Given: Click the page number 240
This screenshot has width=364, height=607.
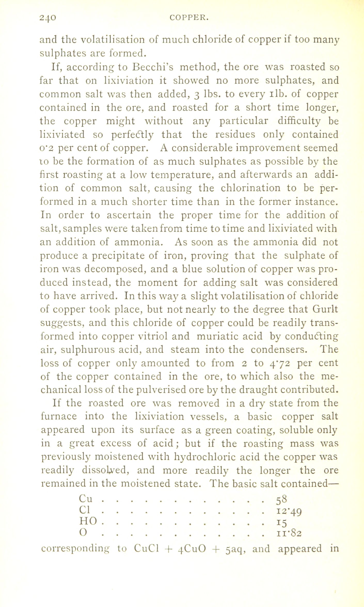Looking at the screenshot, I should tap(48, 18).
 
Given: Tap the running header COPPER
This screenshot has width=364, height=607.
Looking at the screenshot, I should tap(189, 18).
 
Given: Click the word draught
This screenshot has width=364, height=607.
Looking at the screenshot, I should tap(256, 390).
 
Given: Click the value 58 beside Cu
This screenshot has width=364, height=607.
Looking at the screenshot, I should tap(278, 498).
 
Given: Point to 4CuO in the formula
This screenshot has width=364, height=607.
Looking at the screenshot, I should tap(192, 548).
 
